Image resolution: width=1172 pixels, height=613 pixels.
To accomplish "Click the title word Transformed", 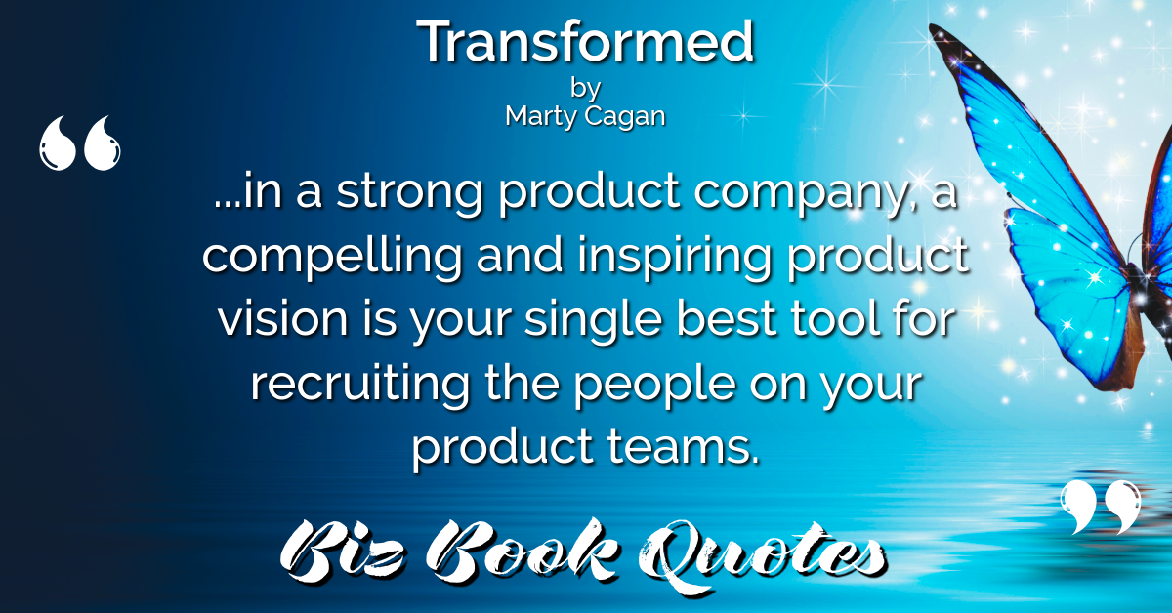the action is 585,41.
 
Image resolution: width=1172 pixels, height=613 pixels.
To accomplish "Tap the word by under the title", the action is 585,89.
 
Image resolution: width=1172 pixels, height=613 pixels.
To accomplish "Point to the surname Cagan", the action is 626,116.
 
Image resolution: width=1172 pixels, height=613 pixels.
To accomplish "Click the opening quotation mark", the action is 79,143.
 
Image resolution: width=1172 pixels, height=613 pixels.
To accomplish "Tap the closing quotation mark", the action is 1101,507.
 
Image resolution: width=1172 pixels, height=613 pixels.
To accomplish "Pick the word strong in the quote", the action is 408,192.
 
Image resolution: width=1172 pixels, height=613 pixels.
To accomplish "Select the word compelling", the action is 332,257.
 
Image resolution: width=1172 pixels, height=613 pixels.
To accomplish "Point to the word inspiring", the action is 675,257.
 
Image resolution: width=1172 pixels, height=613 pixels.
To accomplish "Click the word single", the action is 594,320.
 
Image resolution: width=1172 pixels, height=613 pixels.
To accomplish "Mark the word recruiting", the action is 360,385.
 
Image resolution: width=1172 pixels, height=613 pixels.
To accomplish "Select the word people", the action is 654,386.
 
